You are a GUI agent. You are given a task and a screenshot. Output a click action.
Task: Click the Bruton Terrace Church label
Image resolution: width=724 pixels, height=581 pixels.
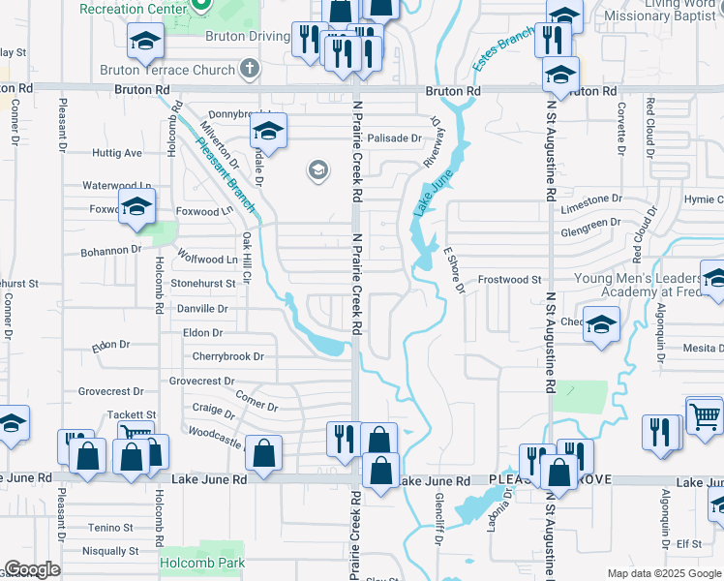tap(166, 70)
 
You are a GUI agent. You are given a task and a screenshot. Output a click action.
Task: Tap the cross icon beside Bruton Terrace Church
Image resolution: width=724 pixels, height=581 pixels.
tap(250, 69)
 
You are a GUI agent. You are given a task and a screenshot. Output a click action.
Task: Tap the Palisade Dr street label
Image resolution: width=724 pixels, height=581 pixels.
tap(394, 138)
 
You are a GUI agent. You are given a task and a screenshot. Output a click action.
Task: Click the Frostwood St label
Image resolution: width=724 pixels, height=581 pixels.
tap(510, 279)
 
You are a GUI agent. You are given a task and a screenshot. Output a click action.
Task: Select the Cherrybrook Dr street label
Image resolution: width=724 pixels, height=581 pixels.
tap(227, 356)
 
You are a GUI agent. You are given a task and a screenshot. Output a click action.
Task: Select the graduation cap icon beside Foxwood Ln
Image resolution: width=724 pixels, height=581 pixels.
tap(137, 205)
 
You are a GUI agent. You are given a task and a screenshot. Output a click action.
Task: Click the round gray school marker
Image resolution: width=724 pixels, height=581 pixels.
tap(317, 171)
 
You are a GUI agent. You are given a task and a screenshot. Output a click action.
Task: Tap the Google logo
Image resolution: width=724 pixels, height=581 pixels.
tap(32, 569)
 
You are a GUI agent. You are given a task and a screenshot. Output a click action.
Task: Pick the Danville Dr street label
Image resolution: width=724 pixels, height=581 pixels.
tap(202, 309)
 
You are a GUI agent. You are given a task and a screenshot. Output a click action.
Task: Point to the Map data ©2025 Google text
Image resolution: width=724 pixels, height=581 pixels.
tap(665, 573)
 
